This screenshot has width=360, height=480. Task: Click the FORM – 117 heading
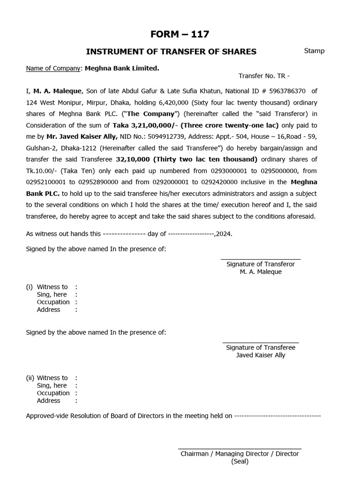180,34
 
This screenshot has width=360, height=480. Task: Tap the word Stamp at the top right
314,51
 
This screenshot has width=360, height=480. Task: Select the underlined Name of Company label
53,68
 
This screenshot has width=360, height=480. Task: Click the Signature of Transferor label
261,264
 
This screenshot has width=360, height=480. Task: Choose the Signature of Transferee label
261,347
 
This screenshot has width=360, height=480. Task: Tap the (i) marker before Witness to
30,287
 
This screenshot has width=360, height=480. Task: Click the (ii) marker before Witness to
30,378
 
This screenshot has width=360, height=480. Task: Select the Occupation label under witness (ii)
53,393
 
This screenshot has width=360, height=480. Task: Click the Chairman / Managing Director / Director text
240,454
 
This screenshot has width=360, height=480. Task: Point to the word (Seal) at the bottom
240,461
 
